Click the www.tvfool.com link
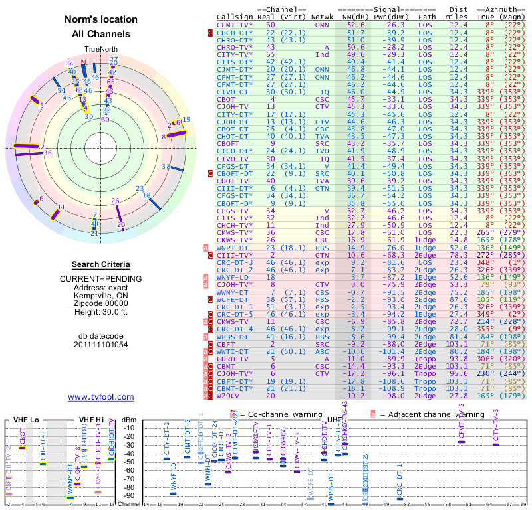101,397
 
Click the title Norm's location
101,19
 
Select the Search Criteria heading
101,264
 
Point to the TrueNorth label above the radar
100,49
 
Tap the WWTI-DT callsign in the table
232,351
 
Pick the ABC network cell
322,351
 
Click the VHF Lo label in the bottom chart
25,420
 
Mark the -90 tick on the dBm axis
129,495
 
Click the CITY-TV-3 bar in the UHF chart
495,444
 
